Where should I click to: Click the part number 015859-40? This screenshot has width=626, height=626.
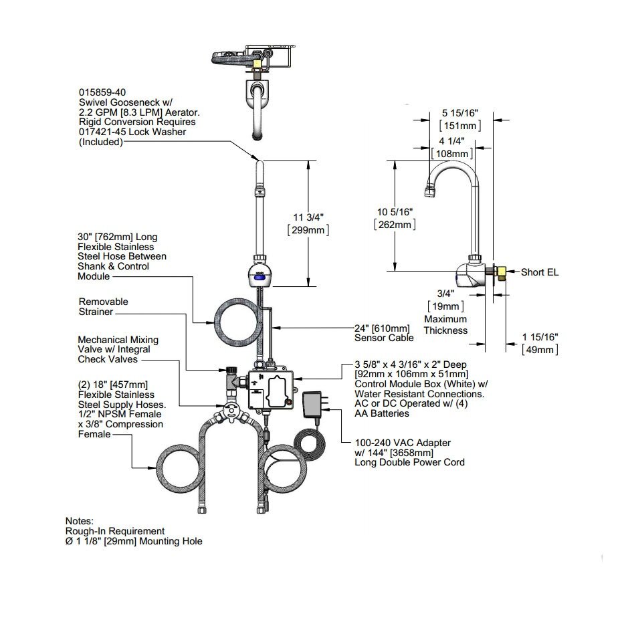(102, 92)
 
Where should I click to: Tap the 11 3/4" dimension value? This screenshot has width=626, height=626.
(308, 217)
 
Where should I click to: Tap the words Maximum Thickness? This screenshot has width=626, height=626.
(445, 325)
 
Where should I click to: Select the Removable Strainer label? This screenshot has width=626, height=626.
(103, 307)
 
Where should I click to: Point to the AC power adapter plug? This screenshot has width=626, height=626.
(314, 405)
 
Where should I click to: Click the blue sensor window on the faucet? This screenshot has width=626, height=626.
(261, 273)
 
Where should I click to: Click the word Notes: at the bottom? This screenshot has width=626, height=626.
(80, 520)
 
